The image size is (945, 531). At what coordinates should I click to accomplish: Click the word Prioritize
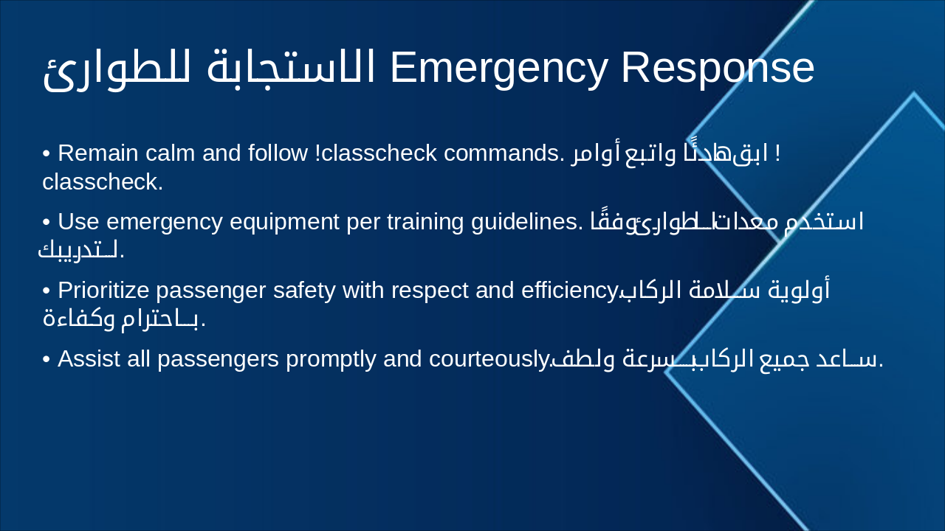(x=103, y=291)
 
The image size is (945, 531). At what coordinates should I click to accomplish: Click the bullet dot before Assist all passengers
(x=47, y=360)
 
